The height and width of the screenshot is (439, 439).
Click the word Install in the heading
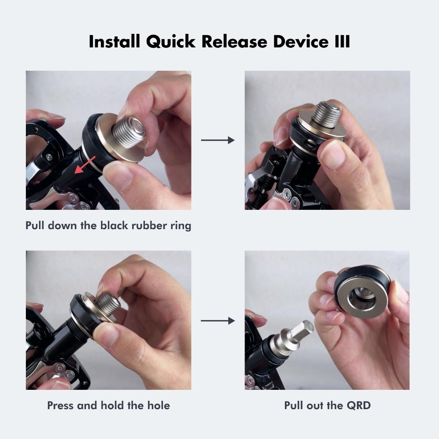tap(114, 42)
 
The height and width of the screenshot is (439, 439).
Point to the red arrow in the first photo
tap(85, 166)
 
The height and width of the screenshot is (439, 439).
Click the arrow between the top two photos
tap(218, 140)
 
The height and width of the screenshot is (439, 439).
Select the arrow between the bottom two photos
tap(218, 321)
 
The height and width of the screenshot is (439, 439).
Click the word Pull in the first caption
tap(35, 226)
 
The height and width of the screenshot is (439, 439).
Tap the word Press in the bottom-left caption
tap(61, 405)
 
